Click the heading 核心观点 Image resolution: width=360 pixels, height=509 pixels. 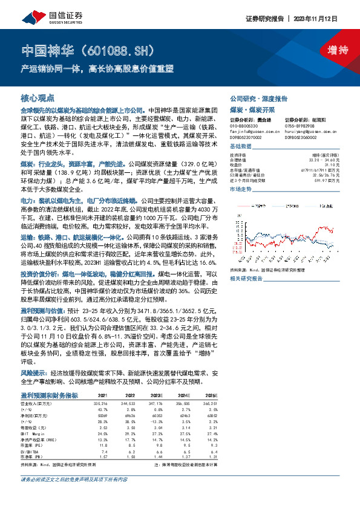(x=38, y=97)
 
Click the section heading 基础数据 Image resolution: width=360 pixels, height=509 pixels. (x=241, y=148)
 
